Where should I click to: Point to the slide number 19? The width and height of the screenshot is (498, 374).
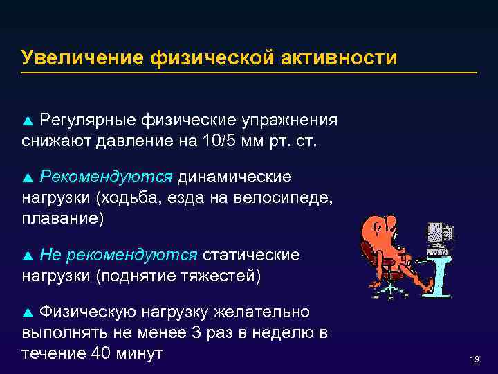pos(474,359)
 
